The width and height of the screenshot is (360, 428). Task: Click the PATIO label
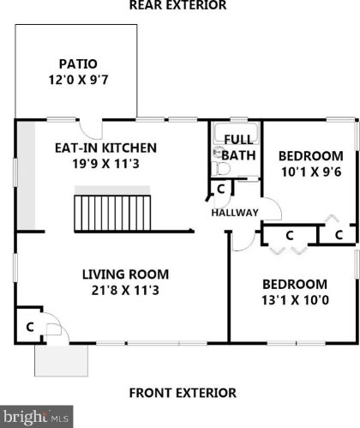(x=78, y=63)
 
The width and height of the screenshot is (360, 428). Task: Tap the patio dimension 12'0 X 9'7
(x=78, y=80)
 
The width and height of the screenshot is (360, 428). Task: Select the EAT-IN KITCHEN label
(x=105, y=148)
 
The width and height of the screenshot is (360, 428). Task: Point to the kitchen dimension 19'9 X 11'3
(x=105, y=164)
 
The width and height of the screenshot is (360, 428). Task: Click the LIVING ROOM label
(x=125, y=274)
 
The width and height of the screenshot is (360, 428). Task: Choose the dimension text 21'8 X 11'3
(x=125, y=291)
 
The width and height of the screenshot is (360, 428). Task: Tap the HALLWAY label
(x=235, y=213)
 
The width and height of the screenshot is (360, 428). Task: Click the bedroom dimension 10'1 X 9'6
(x=311, y=172)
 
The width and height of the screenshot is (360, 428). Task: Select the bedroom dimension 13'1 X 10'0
(x=295, y=300)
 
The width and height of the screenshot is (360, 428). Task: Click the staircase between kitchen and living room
(x=112, y=213)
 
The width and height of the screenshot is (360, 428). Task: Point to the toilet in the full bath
(x=220, y=168)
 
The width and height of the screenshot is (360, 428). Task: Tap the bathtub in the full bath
(x=237, y=133)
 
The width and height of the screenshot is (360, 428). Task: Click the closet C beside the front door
(x=30, y=327)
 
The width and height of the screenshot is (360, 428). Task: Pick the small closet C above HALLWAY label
(x=221, y=189)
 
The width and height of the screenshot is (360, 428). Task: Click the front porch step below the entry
(x=62, y=360)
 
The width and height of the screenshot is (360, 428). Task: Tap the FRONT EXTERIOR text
(x=183, y=393)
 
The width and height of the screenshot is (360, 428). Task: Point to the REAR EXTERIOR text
(x=177, y=5)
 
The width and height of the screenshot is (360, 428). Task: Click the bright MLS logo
(x=36, y=417)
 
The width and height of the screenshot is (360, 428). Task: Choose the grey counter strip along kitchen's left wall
(x=27, y=176)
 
